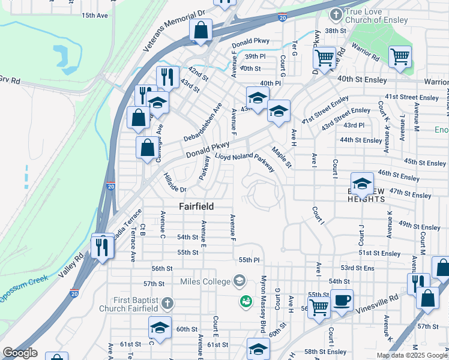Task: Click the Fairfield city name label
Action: (x=197, y=206)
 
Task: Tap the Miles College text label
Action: (x=205, y=281)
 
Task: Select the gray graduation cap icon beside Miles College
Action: (x=240, y=281)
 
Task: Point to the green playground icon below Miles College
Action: (x=245, y=300)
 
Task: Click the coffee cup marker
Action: (x=342, y=301)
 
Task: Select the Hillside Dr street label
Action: (x=175, y=182)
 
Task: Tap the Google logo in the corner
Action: (x=20, y=353)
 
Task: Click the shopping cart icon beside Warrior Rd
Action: (x=400, y=57)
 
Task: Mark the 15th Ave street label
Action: (x=95, y=15)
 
